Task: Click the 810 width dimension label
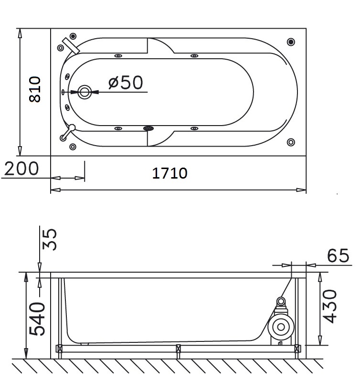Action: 34,89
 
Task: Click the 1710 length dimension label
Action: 170,173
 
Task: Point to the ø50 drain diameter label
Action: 126,82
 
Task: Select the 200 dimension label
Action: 21,169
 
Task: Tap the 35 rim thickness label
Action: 50,239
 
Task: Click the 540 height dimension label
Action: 37,319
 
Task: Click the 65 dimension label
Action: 338,255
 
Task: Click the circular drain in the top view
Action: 85,92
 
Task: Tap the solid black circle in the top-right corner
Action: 291,42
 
